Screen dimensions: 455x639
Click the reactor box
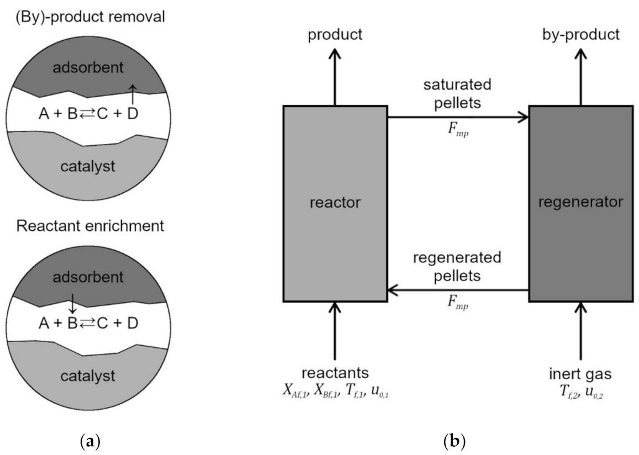pyautogui.click(x=335, y=203)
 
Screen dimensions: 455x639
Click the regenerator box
pyautogui.click(x=580, y=203)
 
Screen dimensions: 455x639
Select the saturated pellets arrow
pyautogui.click(x=458, y=117)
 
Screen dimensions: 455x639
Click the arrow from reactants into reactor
pyautogui.click(x=335, y=331)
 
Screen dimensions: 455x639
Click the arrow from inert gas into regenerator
pyautogui.click(x=580, y=331)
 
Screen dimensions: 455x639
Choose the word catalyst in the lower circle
pyautogui.click(x=91, y=377)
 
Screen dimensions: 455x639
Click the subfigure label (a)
pyautogui.click(x=90, y=441)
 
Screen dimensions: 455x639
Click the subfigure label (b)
pyautogui.click(x=457, y=441)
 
